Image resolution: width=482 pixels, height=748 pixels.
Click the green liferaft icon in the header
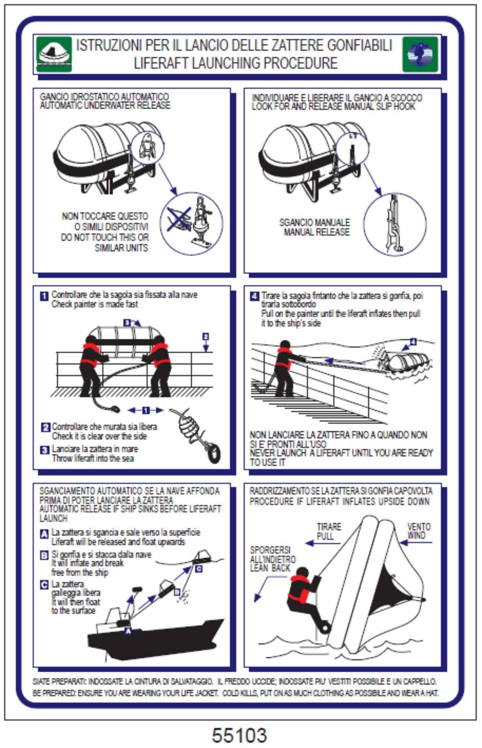tap(53, 54)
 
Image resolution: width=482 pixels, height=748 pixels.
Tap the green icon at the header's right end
tap(420, 54)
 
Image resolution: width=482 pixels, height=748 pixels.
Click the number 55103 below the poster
tap(239, 735)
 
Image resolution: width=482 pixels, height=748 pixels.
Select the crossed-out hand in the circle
tap(178, 219)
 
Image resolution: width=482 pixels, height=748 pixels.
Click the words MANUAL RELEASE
tap(317, 232)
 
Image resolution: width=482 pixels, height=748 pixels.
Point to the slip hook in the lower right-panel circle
tap(393, 225)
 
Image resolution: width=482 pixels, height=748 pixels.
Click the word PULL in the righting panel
tap(325, 536)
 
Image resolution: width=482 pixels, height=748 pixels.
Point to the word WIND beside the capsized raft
tap(417, 535)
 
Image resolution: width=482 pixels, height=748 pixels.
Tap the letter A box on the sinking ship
tap(128, 631)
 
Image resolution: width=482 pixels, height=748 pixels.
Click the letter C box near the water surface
tap(198, 569)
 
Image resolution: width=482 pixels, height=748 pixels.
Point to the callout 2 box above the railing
tap(205, 336)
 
